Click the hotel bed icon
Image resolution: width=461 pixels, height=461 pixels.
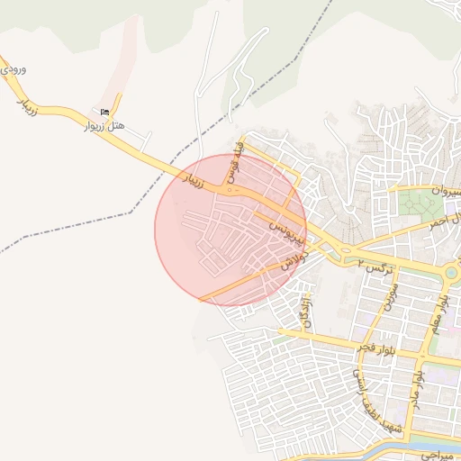[104, 113]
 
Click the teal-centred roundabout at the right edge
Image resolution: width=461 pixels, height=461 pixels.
[450, 272]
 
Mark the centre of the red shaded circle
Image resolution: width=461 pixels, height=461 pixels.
[230, 230]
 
